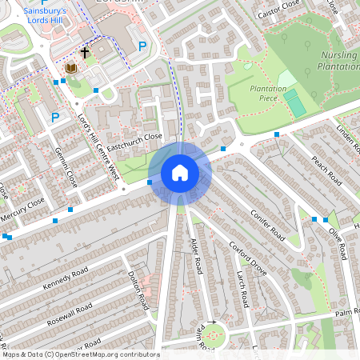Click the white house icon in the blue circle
tap(179, 172)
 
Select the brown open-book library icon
tap(71, 69)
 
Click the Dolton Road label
tap(139, 290)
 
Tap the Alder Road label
tap(197, 254)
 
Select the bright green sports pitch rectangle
tap(294, 102)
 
